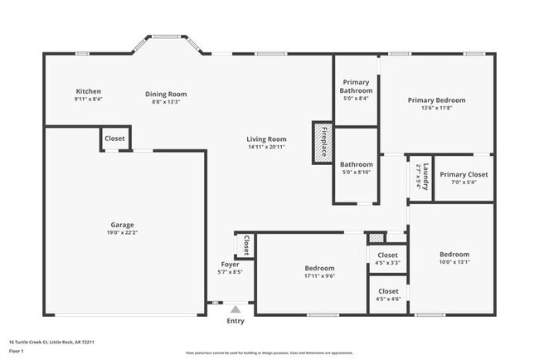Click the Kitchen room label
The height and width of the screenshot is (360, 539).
pyautogui.click(x=89, y=91)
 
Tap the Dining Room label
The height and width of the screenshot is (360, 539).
pyautogui.click(x=166, y=94)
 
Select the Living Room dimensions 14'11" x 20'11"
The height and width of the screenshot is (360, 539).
pyautogui.click(x=266, y=147)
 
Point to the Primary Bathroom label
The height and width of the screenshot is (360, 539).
pyautogui.click(x=357, y=86)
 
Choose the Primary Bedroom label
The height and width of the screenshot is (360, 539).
pyautogui.click(x=436, y=100)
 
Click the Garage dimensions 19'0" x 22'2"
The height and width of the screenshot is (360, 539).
pyautogui.click(x=123, y=233)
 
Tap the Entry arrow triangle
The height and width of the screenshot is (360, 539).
pyautogui.click(x=236, y=309)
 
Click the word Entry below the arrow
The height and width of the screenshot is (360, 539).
pyautogui.click(x=236, y=321)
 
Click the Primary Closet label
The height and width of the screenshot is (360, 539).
pyautogui.click(x=464, y=174)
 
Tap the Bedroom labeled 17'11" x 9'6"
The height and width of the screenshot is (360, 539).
pyautogui.click(x=319, y=268)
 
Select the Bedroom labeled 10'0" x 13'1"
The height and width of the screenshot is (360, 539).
pyautogui.click(x=454, y=254)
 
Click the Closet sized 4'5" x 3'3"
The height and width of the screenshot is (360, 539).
pyautogui.click(x=388, y=255)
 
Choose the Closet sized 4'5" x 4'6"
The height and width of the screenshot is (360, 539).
pyautogui.click(x=388, y=291)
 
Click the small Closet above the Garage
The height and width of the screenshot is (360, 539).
pyautogui.click(x=115, y=139)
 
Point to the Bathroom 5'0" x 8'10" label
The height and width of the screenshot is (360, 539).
pyautogui.click(x=357, y=164)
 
